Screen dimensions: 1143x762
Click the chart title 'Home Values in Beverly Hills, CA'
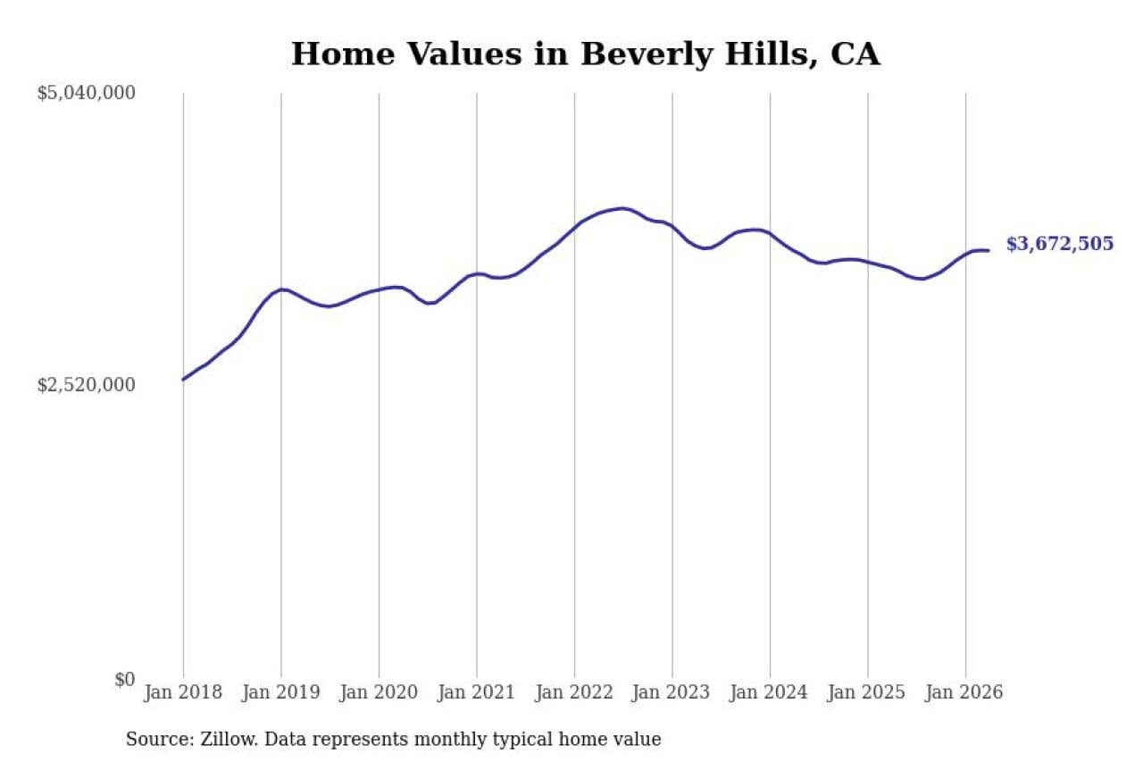tap(586, 54)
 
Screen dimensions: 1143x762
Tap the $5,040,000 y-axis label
tap(87, 93)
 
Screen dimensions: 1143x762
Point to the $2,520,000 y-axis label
tap(87, 385)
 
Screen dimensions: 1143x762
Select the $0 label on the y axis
tap(125, 679)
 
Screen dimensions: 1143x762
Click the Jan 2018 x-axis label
tap(183, 692)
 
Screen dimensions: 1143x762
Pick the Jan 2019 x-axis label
tap(281, 692)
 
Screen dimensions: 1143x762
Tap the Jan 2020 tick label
tap(380, 692)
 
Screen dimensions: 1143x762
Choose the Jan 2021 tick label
tap(477, 692)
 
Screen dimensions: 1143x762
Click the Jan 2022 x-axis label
tap(574, 692)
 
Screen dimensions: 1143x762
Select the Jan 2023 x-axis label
tap(672, 692)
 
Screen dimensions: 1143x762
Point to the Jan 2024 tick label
tap(770, 692)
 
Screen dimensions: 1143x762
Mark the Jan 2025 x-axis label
tap(867, 692)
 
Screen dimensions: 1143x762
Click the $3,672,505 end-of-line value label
tap(1060, 244)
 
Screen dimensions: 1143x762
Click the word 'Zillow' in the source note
tap(229, 739)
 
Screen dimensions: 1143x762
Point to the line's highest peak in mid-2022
tap(622, 208)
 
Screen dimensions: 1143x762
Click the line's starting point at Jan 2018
tap(183, 380)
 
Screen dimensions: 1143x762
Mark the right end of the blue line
tap(989, 251)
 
